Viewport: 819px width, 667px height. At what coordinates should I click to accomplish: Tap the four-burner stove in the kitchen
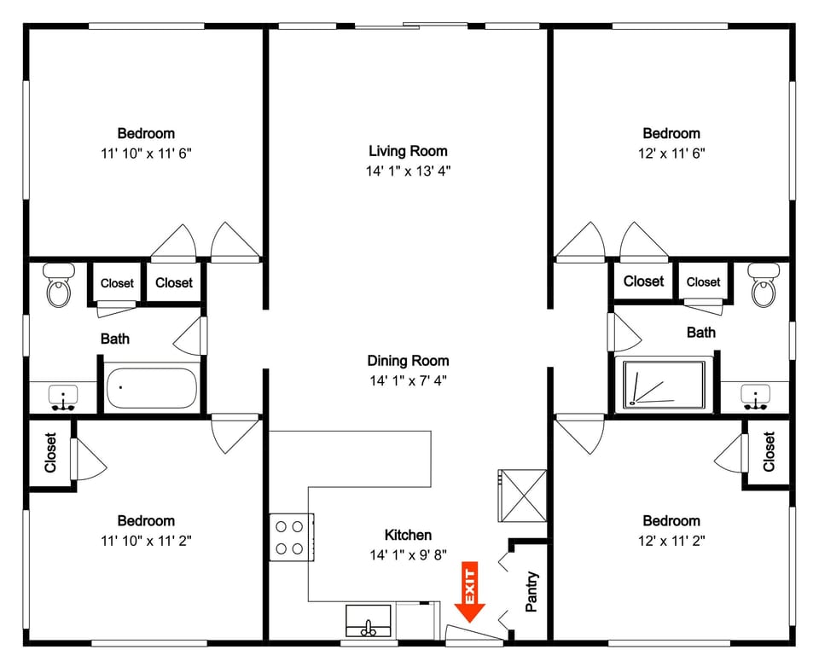291,537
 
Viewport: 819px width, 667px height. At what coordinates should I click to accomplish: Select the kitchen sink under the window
369,621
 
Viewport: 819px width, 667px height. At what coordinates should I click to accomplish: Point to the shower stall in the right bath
665,385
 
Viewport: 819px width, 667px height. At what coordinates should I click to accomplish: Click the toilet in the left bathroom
58,286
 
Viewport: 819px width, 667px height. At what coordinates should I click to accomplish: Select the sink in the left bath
63,397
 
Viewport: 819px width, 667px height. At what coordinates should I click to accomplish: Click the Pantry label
531,591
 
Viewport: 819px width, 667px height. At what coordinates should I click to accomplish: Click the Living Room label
408,151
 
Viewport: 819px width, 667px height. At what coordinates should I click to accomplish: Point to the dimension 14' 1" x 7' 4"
408,380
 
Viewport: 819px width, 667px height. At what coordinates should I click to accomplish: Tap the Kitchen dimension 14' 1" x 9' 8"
408,555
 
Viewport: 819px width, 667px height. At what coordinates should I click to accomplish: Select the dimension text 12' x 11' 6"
671,154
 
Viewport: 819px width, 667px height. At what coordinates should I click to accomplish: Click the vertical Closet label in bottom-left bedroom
50,453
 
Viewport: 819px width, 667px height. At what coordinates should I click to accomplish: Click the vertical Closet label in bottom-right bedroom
770,452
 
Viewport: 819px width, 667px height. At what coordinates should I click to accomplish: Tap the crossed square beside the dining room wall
521,495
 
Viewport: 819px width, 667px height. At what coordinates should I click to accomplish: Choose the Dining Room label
408,361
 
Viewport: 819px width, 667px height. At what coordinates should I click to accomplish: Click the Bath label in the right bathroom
701,333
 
